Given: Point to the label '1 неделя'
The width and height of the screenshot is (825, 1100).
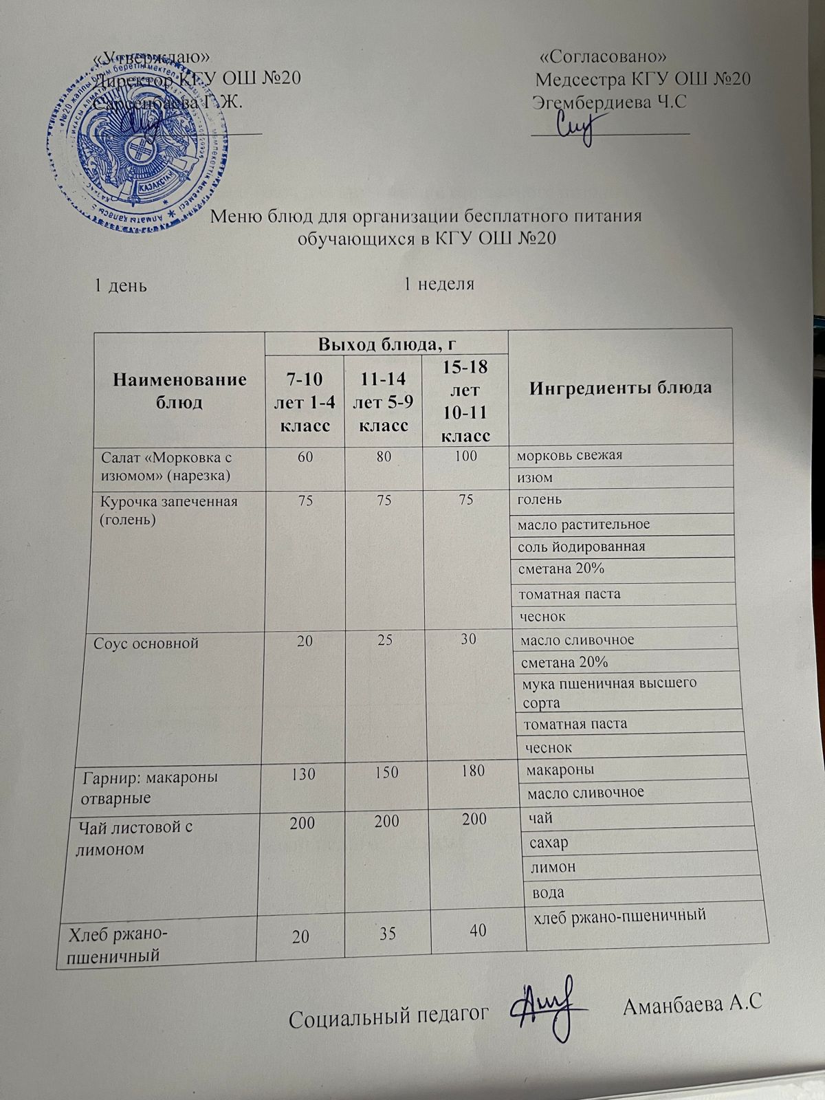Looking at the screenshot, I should [439, 283].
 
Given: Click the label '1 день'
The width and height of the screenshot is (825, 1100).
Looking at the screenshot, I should [120, 285].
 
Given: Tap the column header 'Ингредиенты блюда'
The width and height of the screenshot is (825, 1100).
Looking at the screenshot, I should [621, 388].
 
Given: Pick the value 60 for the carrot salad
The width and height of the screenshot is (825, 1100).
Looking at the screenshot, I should [305, 454].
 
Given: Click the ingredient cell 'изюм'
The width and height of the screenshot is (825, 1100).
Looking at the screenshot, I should [536, 477].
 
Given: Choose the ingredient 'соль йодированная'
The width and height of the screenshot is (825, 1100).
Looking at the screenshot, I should [582, 547].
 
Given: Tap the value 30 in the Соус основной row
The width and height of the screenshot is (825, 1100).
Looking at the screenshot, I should [467, 639].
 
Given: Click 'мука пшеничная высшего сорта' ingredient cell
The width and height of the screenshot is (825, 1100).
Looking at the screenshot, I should [609, 692].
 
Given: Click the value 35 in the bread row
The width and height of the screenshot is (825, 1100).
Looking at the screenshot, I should [388, 932].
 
